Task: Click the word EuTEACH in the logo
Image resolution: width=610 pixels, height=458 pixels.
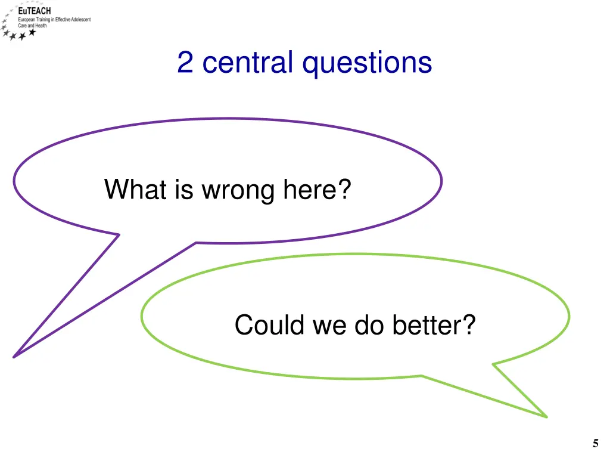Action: click(x=35, y=11)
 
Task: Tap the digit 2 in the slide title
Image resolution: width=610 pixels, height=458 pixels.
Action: click(x=185, y=63)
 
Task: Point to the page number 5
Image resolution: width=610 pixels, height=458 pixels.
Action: click(x=596, y=443)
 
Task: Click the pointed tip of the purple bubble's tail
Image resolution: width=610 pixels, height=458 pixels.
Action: click(x=14, y=357)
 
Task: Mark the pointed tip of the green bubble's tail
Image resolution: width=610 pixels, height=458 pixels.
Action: click(x=546, y=416)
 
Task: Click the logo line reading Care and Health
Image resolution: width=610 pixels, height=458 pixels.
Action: click(x=32, y=26)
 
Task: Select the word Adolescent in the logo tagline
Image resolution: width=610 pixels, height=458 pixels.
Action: click(x=81, y=20)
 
